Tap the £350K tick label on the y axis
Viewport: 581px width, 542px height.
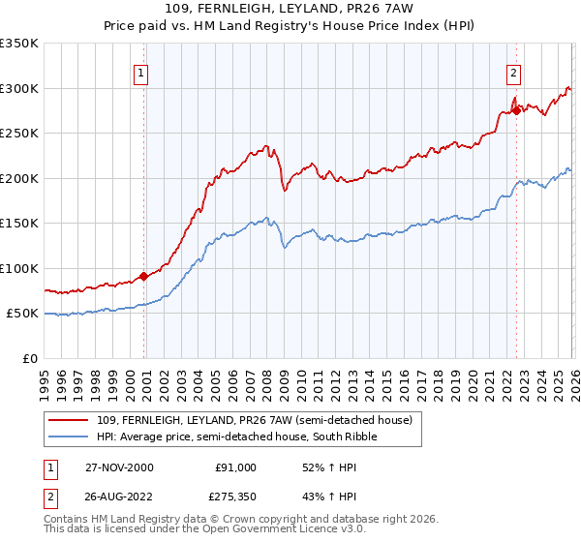click(x=19, y=44)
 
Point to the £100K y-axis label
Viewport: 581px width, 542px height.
click(x=19, y=268)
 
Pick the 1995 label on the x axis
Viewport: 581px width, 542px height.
click(x=45, y=377)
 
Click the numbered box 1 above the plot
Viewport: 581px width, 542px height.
click(x=141, y=72)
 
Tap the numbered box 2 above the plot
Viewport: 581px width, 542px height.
click(x=512, y=72)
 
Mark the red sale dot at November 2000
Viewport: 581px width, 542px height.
click(x=144, y=276)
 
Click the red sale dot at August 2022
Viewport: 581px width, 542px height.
click(x=516, y=110)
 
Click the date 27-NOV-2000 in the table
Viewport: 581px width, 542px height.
click(x=112, y=467)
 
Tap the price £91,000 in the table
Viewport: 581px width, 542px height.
click(x=236, y=467)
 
